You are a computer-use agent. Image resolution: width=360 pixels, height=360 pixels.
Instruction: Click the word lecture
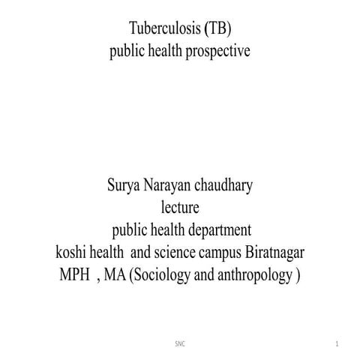[180, 206]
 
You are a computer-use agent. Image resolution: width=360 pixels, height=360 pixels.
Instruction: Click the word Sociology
[159, 274]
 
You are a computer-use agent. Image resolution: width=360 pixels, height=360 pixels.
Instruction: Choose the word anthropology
[253, 274]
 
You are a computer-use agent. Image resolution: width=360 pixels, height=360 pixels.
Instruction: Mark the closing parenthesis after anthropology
[297, 274]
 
